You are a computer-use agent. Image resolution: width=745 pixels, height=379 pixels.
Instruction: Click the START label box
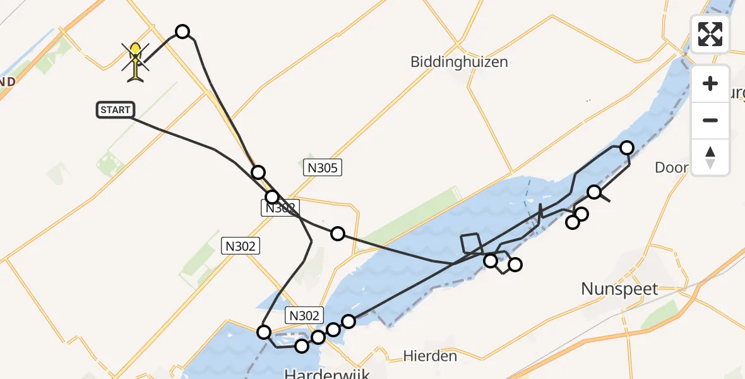115,110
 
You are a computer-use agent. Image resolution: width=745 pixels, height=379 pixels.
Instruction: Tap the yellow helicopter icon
136,61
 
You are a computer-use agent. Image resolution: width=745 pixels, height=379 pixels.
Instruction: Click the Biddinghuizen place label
459,62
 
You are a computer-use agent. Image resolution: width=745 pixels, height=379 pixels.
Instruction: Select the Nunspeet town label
619,289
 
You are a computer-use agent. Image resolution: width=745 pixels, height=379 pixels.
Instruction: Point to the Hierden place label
430,356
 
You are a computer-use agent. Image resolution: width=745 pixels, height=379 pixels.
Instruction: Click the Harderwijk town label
326,373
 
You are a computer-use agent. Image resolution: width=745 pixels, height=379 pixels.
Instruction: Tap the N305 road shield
323,167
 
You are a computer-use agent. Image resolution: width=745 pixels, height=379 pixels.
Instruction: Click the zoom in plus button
710,83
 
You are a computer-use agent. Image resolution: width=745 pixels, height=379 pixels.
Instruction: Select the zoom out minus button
710,120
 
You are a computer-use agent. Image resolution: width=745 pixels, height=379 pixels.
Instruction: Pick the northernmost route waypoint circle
182,32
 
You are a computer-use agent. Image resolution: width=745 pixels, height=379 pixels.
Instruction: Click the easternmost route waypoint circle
627,148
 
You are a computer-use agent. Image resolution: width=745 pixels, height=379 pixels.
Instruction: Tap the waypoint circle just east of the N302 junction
338,234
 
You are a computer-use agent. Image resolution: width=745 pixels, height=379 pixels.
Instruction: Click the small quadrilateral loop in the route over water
471,243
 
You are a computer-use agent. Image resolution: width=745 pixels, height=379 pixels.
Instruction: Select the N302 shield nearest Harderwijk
305,315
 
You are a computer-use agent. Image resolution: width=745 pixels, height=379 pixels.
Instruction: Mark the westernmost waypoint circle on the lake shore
264,332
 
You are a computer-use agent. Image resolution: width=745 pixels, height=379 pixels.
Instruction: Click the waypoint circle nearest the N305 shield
258,172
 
